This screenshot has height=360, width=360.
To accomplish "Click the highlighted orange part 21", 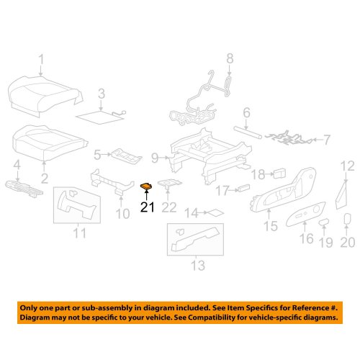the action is point(146,186).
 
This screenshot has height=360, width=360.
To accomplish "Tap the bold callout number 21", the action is point(148,207).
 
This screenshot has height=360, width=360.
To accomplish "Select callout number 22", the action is point(169,207).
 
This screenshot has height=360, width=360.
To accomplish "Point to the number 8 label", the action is point(230,58).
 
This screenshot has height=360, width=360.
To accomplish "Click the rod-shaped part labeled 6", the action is point(248,132).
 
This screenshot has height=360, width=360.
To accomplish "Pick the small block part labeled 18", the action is point(279,174).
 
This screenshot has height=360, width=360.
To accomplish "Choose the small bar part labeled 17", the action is point(243,188).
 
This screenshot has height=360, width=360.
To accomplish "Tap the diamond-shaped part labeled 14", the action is point(216,212).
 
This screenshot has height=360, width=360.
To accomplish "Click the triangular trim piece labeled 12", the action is point(341,196).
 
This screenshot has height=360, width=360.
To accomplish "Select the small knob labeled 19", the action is point(324,222).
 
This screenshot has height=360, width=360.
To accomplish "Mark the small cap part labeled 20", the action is point(346,219).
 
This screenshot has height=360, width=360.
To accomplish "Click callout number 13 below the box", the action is point(198,265).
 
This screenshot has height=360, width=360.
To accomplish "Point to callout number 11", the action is point(79,233).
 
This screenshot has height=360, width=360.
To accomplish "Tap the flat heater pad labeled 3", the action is point(99,117).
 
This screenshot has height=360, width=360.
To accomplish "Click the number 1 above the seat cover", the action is point(42,59).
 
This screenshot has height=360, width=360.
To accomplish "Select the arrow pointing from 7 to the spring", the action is point(318,139).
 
